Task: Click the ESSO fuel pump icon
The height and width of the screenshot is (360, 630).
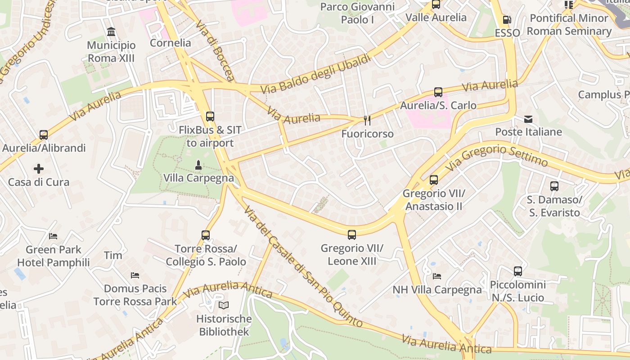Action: tap(507, 20)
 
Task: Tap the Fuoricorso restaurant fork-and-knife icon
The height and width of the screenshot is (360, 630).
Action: tap(367, 120)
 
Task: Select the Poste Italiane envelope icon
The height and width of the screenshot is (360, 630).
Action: tap(528, 119)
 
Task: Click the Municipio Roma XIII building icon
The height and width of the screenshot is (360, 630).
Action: tap(111, 32)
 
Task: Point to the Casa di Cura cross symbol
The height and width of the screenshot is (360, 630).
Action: tap(39, 169)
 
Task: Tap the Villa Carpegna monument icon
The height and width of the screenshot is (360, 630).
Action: tap(198, 165)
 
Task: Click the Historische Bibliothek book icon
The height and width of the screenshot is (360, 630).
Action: tap(224, 305)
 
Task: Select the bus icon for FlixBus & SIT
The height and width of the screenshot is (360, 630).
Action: tap(210, 117)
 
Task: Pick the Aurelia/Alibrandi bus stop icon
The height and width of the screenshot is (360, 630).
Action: tap(44, 135)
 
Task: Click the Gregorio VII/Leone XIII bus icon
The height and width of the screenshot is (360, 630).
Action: tap(352, 234)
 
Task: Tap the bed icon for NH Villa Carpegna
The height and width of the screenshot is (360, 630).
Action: tap(436, 276)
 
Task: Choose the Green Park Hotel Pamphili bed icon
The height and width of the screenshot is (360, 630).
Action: tap(53, 236)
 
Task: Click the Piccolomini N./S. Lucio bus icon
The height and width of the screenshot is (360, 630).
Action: tap(518, 271)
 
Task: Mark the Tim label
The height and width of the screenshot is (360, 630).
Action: tap(113, 256)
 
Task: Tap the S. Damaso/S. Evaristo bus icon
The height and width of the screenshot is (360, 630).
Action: tap(554, 186)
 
